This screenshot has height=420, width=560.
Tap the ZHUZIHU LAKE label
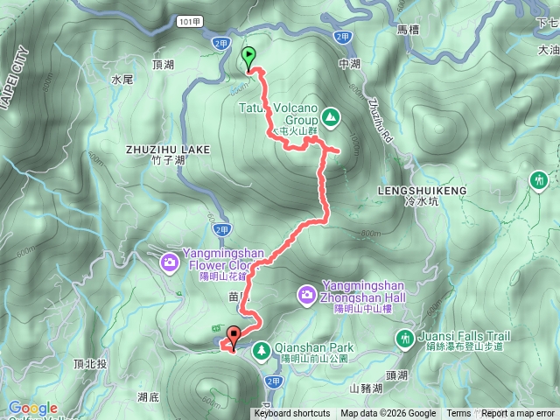pos(168,150)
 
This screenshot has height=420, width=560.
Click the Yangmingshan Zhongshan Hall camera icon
pos(307,295)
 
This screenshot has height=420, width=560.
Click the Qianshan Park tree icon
pos(261,350)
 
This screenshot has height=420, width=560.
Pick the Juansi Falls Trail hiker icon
pos(404,338)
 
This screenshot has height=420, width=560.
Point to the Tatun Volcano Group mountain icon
pos(331,115)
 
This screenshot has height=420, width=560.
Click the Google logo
pos(33,409)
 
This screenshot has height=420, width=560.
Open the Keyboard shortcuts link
pos(292,414)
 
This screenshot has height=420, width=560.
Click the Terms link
pos(458,414)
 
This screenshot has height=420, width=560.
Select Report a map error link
pos(518,414)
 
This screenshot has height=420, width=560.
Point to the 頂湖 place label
pos(164,65)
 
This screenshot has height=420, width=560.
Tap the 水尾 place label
pos(122,79)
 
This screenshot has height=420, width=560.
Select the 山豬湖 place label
pos(367,387)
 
